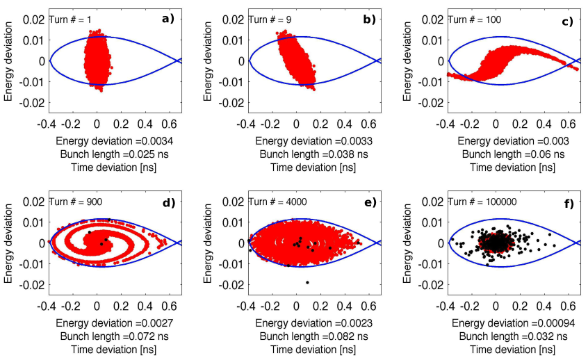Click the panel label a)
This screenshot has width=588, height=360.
[x=168, y=19]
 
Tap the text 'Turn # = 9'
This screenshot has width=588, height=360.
[x=270, y=19]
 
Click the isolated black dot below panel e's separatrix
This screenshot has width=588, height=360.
[x=307, y=282]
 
